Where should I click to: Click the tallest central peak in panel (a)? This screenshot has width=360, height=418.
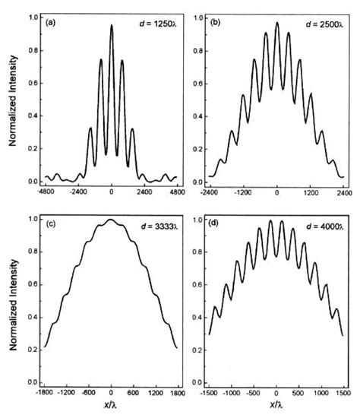[112, 26]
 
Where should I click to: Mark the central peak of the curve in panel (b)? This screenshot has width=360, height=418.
[277, 23]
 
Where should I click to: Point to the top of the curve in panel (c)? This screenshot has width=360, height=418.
[112, 220]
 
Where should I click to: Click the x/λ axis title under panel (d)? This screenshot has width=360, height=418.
[277, 407]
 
